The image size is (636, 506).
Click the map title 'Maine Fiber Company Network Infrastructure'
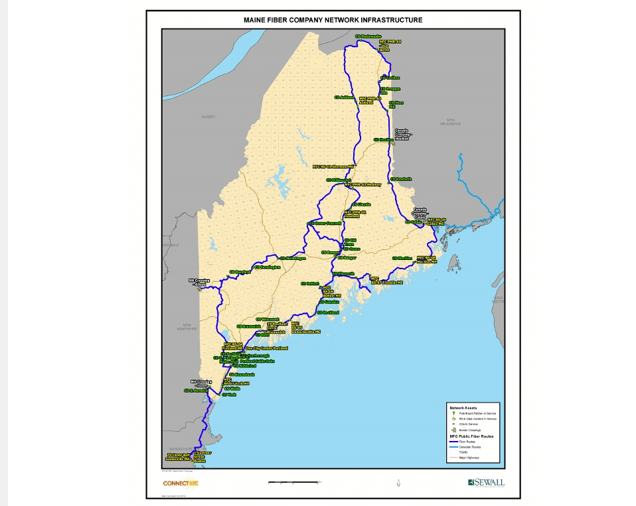[333, 20]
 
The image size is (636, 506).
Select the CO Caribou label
[390, 78]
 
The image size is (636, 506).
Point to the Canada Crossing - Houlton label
[402, 135]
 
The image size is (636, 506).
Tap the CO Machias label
[402, 258]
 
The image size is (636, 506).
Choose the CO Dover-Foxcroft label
[325, 223]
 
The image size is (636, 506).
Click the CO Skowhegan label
[293, 258]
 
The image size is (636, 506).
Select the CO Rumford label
[240, 272]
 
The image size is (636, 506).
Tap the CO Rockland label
[329, 312]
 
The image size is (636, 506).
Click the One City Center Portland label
[266, 348]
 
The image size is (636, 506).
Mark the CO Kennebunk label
[241, 375]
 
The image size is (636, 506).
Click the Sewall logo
[486, 482]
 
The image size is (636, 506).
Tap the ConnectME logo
[181, 483]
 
